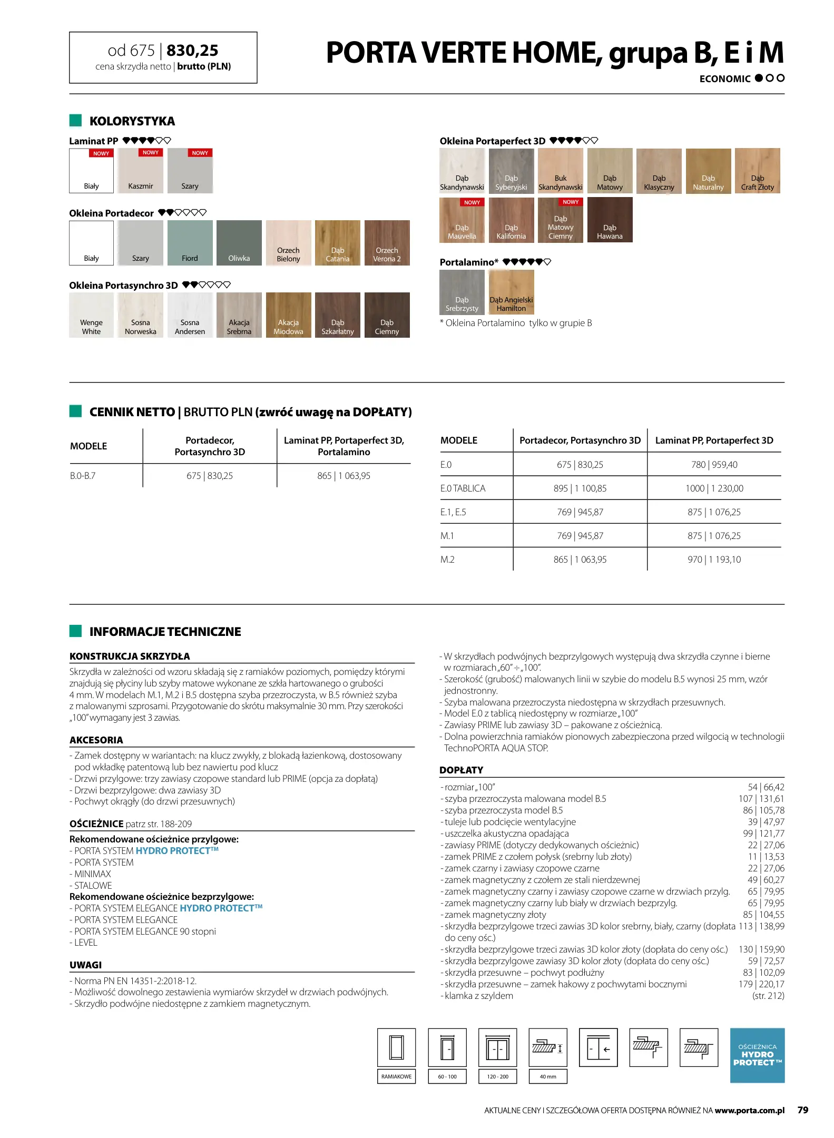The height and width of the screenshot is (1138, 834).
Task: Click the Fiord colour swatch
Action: point(190,242)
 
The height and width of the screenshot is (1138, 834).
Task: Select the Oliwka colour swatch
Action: point(239,242)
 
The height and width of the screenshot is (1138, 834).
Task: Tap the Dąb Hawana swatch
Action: point(610,220)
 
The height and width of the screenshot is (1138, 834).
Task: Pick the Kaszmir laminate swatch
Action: point(141,171)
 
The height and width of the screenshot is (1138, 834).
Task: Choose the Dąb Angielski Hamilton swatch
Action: point(511,292)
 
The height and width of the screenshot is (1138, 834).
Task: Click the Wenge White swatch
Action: point(91,315)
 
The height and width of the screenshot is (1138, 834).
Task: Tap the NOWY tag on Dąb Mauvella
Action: point(472,202)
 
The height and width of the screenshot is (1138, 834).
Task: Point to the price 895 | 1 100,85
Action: point(580,488)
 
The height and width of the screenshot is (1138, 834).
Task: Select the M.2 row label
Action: point(447,560)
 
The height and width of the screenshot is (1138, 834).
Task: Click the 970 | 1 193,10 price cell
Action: point(714,560)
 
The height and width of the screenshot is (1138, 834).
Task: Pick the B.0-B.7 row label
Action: point(83,476)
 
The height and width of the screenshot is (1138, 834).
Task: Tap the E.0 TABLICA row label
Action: point(463,488)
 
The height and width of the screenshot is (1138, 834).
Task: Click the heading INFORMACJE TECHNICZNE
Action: point(165,632)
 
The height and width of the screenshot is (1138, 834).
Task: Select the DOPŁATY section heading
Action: point(461,770)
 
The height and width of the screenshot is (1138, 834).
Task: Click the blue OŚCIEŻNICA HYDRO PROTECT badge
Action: point(757,1055)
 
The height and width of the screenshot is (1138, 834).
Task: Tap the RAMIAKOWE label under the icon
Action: point(396,1076)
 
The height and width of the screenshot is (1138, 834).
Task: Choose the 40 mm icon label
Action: point(547,1076)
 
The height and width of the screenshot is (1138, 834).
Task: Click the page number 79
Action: point(802,1110)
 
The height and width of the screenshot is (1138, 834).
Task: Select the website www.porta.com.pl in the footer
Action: point(749,1111)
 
